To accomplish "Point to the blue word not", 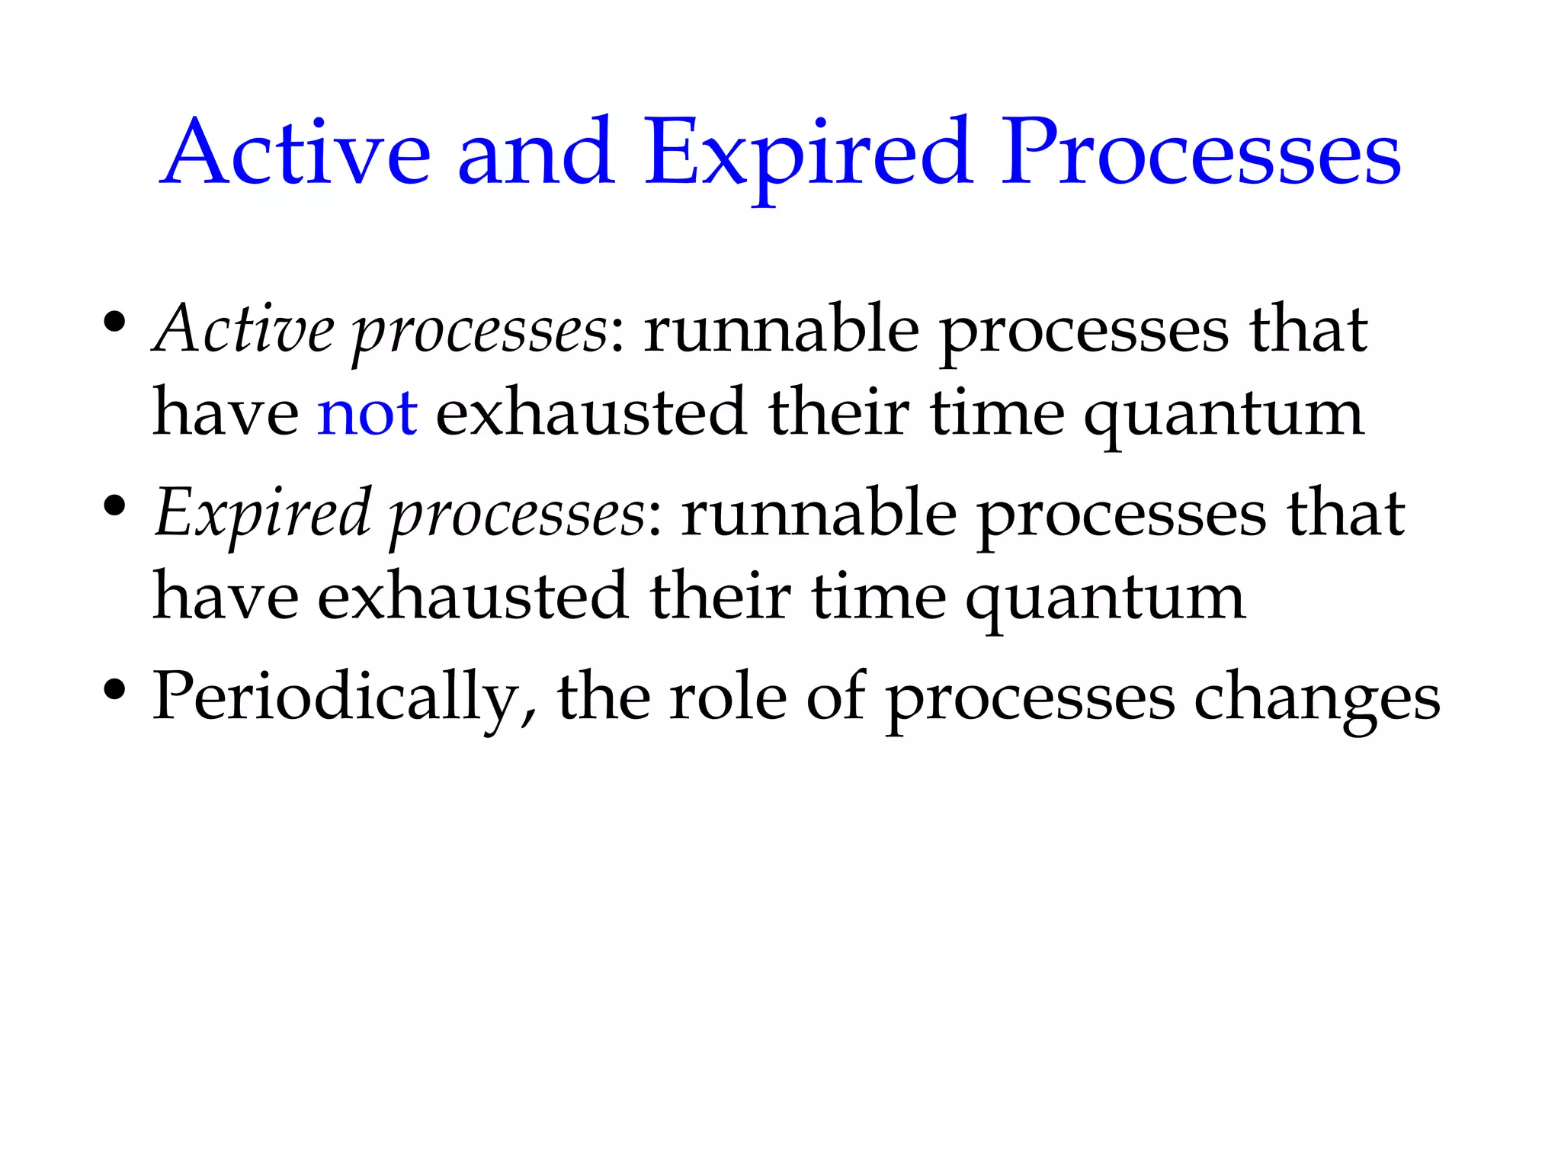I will (367, 413).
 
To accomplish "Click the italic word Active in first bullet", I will (244, 329).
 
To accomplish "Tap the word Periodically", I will (342, 697).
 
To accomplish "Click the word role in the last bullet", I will (727, 697).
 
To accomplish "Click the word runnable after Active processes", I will (781, 329).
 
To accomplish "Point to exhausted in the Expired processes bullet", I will (473, 596).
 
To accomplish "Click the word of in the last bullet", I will (836, 695).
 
